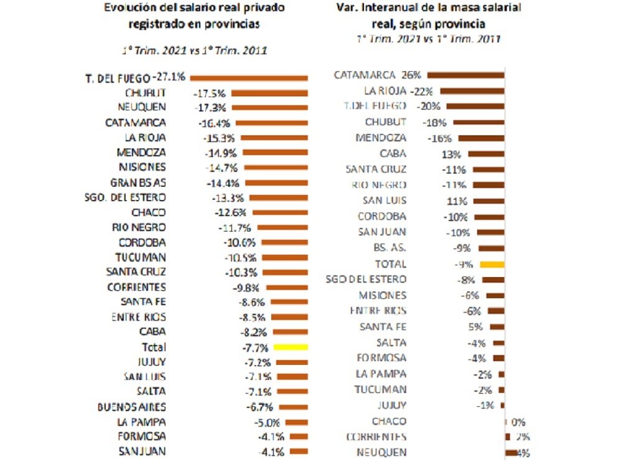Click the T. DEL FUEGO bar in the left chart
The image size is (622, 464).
point(249,78)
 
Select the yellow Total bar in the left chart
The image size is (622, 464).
point(291,346)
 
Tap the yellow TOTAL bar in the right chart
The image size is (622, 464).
point(491,264)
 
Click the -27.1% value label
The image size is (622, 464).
point(172,77)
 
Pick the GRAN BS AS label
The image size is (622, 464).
point(138,182)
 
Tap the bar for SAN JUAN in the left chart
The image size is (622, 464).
point(299,452)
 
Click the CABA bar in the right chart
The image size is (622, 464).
point(486,154)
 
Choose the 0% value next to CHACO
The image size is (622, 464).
point(518,421)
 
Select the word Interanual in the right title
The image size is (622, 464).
point(403,8)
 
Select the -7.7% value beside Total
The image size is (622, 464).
point(254,347)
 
